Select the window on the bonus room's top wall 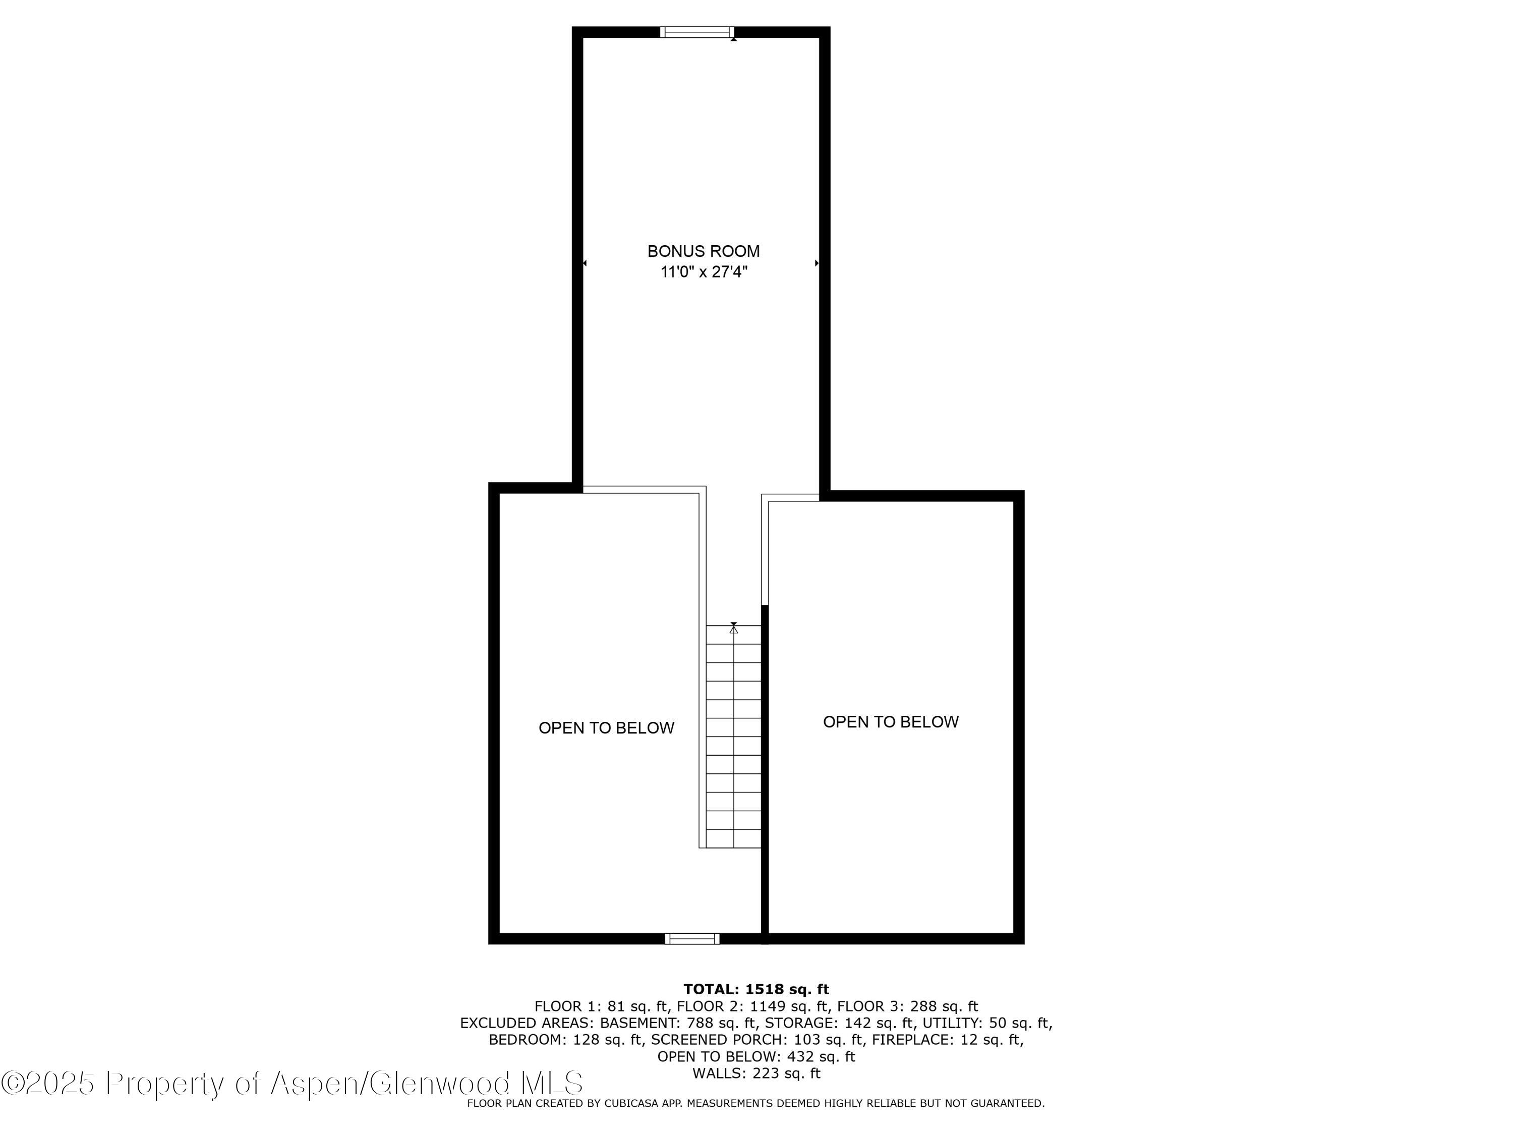[x=697, y=31]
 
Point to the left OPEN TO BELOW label [x=606, y=728]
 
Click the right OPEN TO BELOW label [x=891, y=722]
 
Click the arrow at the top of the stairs [x=734, y=628]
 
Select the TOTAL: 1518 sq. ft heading [x=756, y=989]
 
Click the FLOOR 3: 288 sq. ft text [x=908, y=1006]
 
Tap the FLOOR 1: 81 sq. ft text [x=601, y=1006]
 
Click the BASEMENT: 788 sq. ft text [x=678, y=1024]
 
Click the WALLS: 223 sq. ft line [x=756, y=1073]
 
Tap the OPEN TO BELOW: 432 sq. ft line [x=756, y=1057]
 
